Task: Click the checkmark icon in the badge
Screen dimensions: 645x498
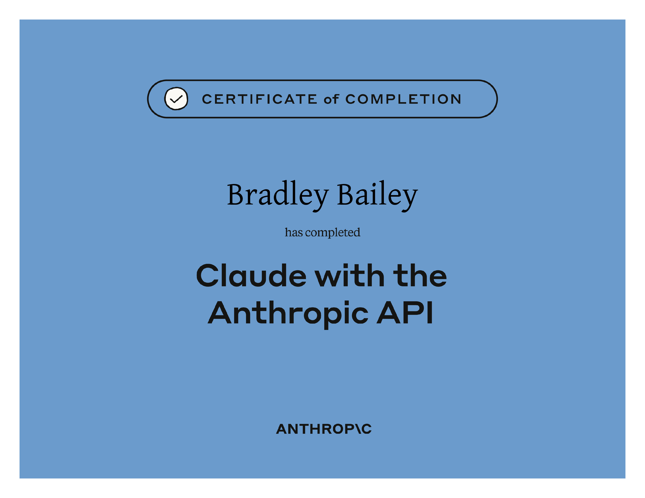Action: [x=176, y=99]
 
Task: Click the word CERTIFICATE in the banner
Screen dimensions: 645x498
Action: [x=260, y=99]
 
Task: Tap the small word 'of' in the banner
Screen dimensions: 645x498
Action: [x=331, y=99]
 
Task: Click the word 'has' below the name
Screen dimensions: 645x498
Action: [x=294, y=232]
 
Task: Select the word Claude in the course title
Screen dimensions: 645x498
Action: [x=252, y=275]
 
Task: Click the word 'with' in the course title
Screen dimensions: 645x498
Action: [x=350, y=275]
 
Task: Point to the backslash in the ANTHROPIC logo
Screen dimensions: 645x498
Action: [x=357, y=429]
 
